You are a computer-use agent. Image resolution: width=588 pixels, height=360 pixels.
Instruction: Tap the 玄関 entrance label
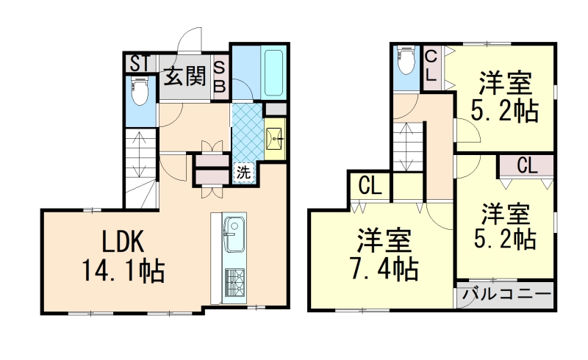click(x=184, y=76)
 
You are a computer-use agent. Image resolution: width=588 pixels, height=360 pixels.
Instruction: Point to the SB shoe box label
click(x=219, y=76)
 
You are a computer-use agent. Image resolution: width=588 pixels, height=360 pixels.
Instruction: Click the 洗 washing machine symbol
click(x=243, y=173)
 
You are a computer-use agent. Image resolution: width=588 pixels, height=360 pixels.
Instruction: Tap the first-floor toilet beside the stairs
click(x=140, y=91)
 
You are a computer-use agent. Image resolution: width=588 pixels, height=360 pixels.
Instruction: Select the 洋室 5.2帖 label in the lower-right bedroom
click(x=506, y=226)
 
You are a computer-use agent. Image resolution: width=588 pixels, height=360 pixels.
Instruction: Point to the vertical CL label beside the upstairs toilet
click(x=431, y=64)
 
